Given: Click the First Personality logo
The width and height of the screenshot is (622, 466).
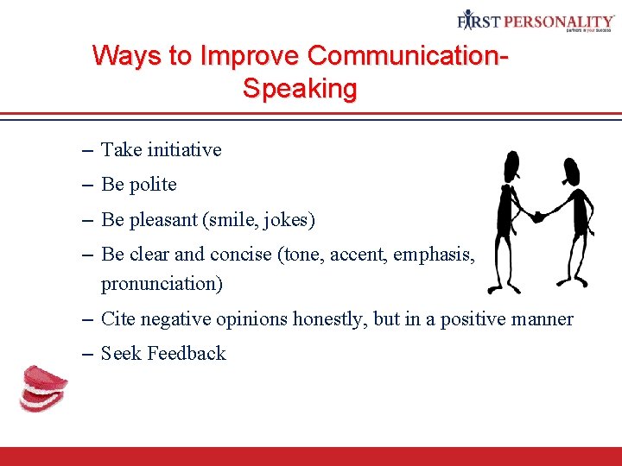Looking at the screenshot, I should click(535, 22).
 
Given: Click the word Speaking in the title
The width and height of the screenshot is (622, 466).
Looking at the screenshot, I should click(300, 89).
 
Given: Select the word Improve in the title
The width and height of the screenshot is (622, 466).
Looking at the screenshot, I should click(251, 56).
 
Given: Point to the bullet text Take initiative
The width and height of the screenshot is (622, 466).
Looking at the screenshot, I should click(162, 150).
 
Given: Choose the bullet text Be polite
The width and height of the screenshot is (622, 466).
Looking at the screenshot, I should click(139, 185).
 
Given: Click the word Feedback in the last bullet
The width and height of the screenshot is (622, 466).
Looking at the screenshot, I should click(187, 354).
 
